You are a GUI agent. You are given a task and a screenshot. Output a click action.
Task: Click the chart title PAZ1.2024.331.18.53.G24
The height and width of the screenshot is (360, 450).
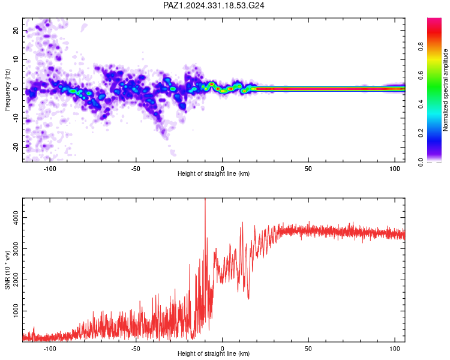tap(214, 5)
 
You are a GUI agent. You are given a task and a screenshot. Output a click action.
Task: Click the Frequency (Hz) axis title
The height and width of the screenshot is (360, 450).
tap(7, 90)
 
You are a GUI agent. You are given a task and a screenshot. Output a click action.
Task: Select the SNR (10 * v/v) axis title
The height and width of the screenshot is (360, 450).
tap(7, 270)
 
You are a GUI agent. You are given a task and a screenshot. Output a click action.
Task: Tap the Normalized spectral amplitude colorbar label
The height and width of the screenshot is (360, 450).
tap(445, 90)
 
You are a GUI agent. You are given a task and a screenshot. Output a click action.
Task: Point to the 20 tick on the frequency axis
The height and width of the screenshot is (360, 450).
tap(16, 31)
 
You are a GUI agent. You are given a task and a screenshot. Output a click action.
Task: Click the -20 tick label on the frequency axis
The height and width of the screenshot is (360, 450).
tap(16, 147)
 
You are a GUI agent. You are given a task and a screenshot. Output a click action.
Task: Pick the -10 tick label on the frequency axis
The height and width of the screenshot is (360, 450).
tap(16, 118)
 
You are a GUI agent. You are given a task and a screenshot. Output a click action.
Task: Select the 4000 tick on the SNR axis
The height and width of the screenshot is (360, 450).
tap(16, 218)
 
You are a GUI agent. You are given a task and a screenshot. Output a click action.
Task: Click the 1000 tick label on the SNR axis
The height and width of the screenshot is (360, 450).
tap(16, 311)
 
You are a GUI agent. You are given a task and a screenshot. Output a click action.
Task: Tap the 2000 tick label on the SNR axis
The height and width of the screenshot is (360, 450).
tap(16, 280)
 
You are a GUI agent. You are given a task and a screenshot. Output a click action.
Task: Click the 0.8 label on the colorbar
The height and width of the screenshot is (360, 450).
tap(421, 47)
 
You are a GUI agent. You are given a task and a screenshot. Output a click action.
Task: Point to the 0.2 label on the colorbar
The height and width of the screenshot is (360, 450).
tap(421, 133)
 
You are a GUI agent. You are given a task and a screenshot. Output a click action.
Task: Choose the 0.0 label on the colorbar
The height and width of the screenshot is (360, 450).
tap(421, 162)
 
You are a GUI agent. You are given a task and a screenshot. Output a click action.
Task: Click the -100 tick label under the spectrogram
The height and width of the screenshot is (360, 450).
tap(50, 169)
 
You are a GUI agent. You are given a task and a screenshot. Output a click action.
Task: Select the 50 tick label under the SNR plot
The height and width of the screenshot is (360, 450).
tap(308, 349)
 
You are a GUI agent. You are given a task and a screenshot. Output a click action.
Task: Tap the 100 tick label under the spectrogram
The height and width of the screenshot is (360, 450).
tap(395, 169)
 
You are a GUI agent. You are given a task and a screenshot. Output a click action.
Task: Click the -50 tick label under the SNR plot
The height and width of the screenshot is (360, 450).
tap(136, 349)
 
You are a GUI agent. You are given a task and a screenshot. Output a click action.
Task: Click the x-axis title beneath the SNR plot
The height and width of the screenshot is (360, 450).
tap(214, 353)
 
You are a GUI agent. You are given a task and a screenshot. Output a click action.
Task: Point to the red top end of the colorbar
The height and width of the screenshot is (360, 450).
tap(434, 19)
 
